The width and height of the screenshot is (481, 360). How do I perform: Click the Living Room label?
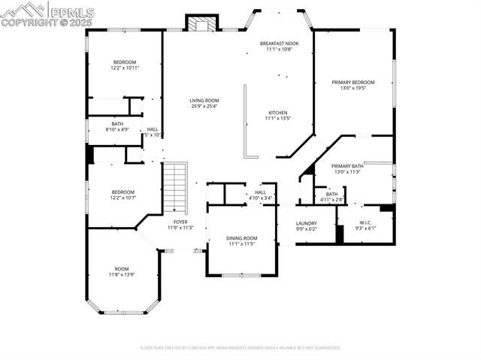204,100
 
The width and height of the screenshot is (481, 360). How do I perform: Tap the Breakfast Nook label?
278,44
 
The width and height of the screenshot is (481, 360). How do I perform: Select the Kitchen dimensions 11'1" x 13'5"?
277,118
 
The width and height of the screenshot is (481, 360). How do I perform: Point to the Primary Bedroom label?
353,82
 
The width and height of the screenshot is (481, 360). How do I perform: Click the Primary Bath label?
347,166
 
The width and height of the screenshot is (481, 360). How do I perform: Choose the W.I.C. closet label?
365,222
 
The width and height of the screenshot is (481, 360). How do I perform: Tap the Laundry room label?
306,223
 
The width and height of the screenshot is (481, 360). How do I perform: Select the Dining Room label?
242,238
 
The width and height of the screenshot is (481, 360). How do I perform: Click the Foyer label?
180,222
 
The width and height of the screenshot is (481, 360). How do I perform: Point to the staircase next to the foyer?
175,188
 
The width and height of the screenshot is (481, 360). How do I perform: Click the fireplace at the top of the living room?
201,23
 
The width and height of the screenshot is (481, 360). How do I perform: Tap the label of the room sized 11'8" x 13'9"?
122,269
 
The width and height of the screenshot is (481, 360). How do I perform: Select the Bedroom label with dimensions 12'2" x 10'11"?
125,62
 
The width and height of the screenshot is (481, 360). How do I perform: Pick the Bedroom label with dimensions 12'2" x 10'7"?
123,192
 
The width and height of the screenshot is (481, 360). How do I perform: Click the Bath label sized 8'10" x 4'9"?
117,124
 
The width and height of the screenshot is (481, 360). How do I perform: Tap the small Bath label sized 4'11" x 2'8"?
331,194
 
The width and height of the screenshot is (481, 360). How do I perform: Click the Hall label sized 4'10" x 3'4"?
260,192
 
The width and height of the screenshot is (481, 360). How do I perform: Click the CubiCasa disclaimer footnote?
240,348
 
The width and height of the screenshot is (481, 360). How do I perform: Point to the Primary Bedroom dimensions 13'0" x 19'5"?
353,88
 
